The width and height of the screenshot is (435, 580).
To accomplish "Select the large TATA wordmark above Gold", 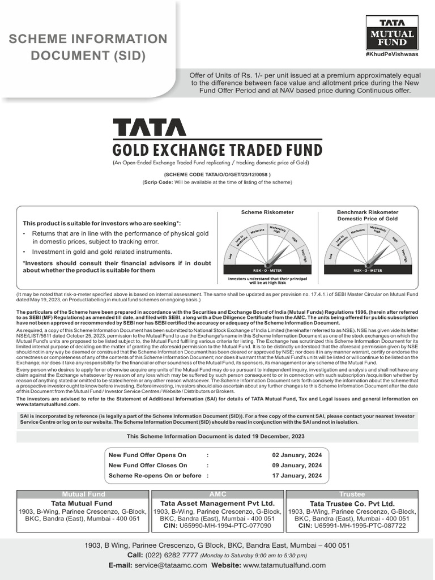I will pyautogui.click(x=149, y=127).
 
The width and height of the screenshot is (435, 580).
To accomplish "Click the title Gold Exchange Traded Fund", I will pyautogui.click(x=217, y=150).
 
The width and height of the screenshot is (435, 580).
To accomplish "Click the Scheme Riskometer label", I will pyautogui.click(x=260, y=212).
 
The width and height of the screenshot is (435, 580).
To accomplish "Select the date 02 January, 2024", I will pyautogui.click(x=297, y=455).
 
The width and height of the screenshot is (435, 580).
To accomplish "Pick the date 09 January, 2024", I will pyautogui.click(x=297, y=465).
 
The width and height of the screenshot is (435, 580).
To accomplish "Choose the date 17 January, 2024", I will pyautogui.click(x=297, y=475).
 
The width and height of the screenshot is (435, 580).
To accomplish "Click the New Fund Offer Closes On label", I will pyautogui.click(x=147, y=465).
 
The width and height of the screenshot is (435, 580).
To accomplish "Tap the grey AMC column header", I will pyautogui.click(x=217, y=494).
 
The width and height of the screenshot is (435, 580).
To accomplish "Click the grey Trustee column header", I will pyautogui.click(x=352, y=494).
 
